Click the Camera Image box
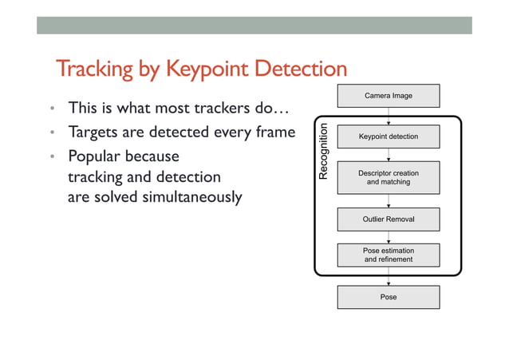(x=389, y=96)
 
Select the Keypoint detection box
(x=389, y=136)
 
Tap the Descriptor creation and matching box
(x=389, y=177)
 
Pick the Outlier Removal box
(x=389, y=219)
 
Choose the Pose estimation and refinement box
(x=389, y=255)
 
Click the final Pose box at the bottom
(x=389, y=297)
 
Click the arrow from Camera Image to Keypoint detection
(x=389, y=116)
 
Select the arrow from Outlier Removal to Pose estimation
(x=389, y=236)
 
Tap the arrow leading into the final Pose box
(x=389, y=276)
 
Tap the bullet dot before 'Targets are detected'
(x=50, y=133)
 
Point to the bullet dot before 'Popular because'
(x=50, y=156)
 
